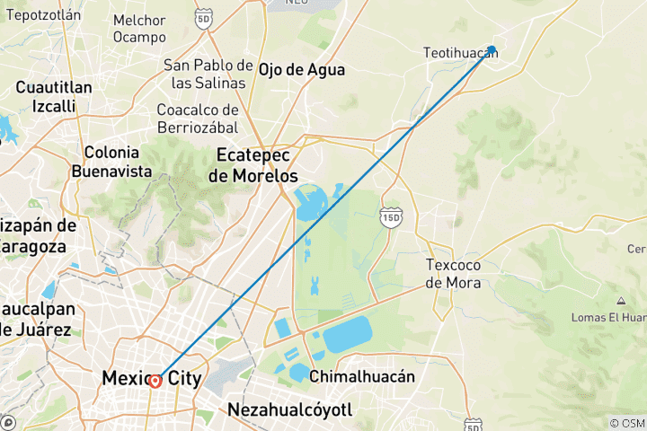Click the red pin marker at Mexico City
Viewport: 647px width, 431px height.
[155, 381]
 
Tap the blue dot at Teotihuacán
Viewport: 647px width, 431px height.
[492, 49]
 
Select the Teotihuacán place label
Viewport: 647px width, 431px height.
[459, 54]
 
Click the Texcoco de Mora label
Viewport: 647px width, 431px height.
[453, 274]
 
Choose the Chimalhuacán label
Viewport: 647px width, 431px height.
[362, 377]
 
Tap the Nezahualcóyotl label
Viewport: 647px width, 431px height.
[291, 410]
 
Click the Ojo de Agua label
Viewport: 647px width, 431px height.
[301, 70]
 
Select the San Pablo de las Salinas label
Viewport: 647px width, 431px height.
[208, 74]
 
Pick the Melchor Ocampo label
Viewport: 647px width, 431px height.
[139, 29]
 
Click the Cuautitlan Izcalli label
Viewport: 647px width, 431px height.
[54, 96]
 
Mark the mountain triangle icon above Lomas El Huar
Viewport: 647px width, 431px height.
[621, 300]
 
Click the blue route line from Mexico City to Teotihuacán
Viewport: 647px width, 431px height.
[323, 215]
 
